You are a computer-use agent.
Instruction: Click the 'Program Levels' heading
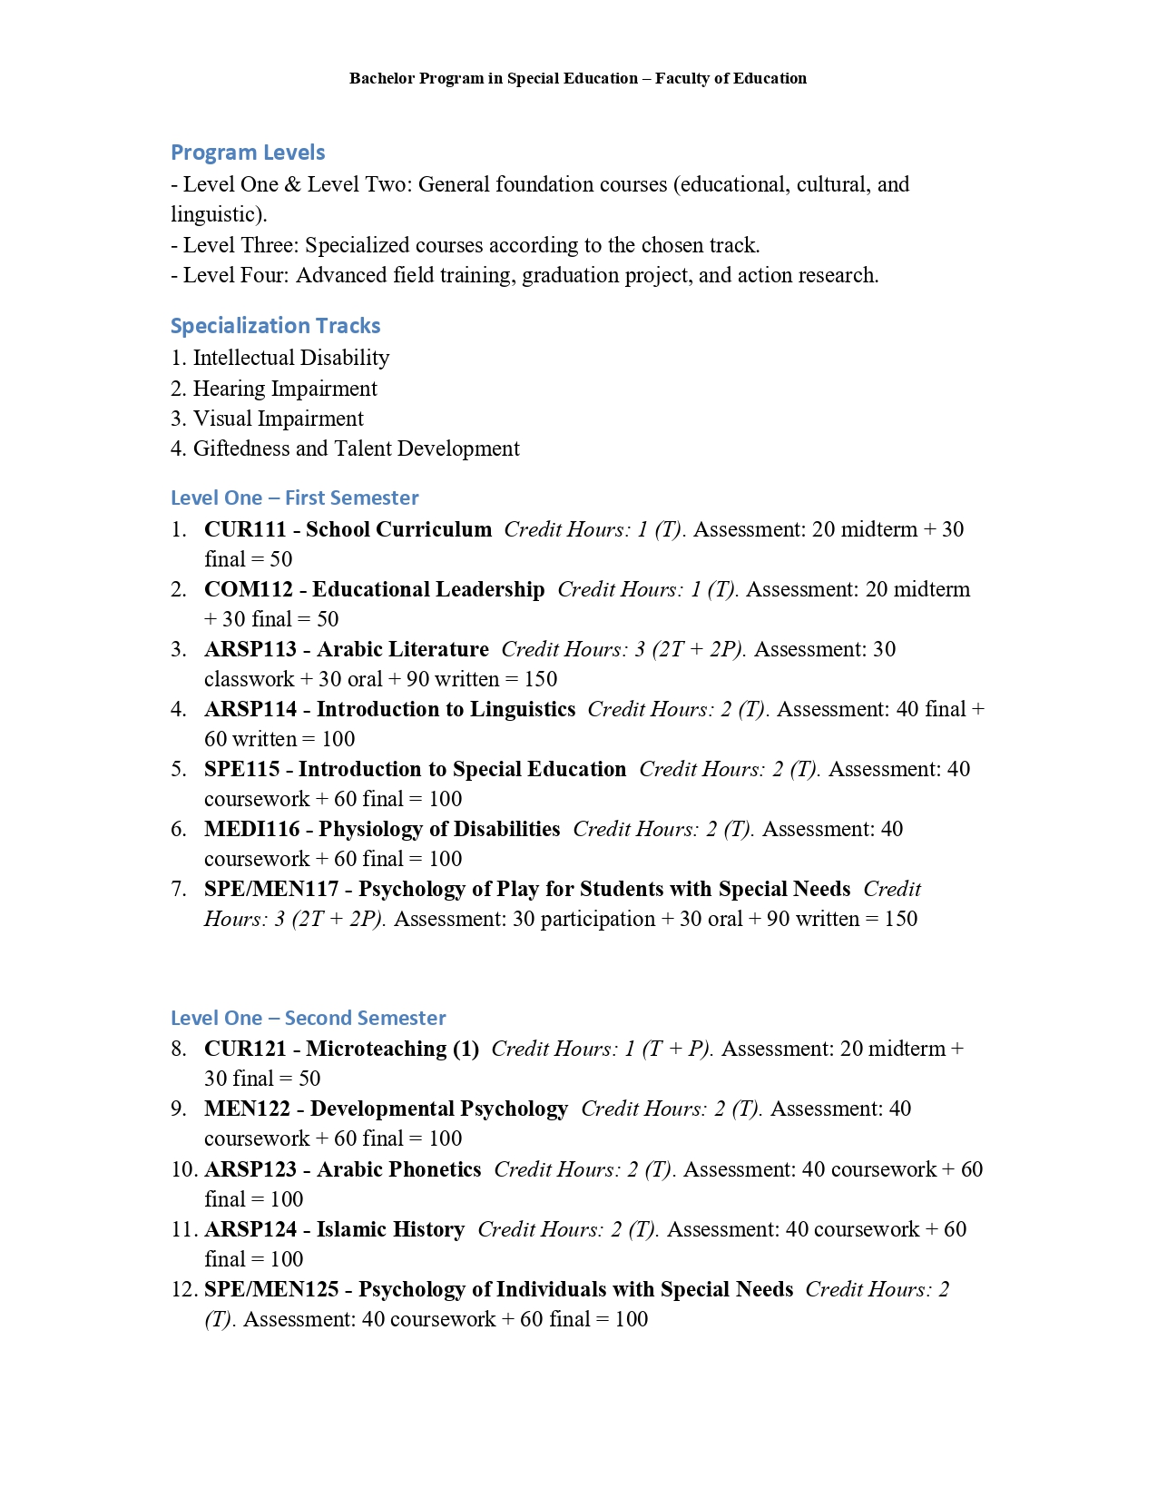coord(248,153)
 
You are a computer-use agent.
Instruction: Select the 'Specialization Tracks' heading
coord(275,326)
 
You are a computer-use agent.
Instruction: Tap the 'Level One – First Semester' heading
coord(294,498)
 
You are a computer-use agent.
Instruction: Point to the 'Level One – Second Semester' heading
coord(308,1018)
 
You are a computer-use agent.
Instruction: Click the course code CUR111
coord(245,529)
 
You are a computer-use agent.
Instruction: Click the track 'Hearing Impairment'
coord(285,389)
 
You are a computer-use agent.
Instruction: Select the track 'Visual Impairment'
coord(278,419)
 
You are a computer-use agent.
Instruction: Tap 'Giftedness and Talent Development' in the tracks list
coord(356,448)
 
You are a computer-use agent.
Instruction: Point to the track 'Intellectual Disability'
coord(291,358)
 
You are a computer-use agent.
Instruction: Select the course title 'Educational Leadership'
coord(428,589)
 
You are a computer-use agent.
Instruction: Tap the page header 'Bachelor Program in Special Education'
coord(494,78)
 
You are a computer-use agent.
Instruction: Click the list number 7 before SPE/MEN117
coord(178,889)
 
